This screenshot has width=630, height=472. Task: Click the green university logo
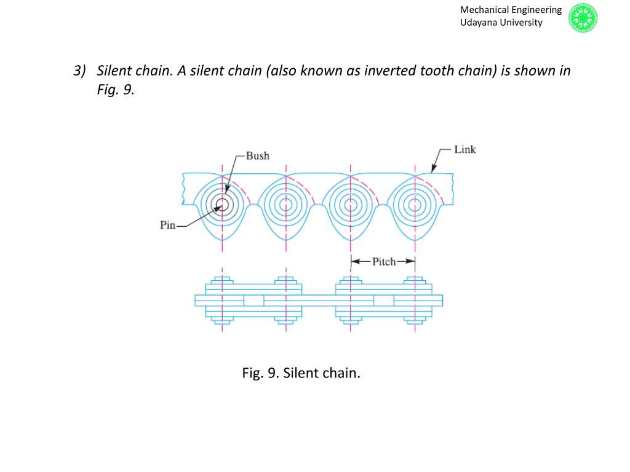583,17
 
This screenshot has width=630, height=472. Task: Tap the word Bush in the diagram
257,155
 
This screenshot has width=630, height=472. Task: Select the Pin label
168,225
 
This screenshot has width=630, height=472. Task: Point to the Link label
465,149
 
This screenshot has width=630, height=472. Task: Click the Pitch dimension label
384,262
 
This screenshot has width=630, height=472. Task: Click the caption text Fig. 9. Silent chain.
301,372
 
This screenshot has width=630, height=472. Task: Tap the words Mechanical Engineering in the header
511,10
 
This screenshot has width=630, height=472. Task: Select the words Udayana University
501,23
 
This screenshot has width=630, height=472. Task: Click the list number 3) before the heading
79,71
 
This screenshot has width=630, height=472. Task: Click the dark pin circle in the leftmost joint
222,205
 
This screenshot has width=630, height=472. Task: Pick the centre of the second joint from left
286,205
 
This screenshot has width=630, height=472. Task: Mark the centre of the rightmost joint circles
415,205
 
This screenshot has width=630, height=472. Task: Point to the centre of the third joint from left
351,205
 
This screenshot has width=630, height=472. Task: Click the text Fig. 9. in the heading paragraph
115,90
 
